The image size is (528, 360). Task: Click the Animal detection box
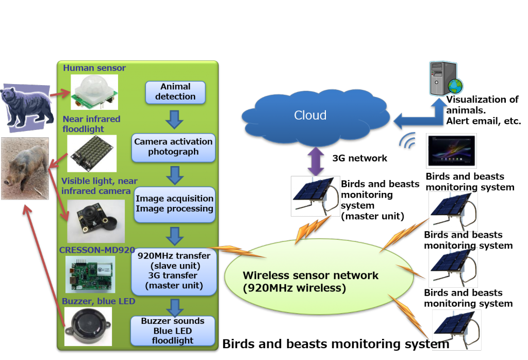click(175, 92)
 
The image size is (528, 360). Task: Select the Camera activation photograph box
click(173, 146)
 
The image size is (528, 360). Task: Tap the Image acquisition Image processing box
click(174, 204)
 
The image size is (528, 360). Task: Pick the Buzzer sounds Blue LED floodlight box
click(172, 331)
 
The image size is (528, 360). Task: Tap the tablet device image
click(451, 151)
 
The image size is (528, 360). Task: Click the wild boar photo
click(25, 168)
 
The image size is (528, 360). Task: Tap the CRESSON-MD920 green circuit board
click(90, 273)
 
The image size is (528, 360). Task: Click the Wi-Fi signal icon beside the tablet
click(408, 142)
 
